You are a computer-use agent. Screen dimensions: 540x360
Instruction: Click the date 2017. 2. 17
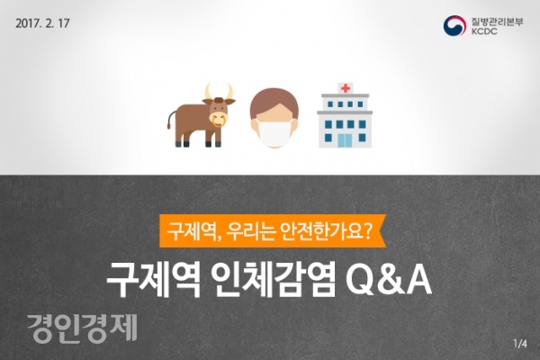click(42, 23)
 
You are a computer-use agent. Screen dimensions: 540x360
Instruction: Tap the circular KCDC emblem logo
click(454, 25)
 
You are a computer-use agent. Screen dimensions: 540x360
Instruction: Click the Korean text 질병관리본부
click(497, 22)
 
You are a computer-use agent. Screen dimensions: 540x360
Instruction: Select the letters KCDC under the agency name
click(484, 31)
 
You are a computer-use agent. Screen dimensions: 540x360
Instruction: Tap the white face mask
click(274, 131)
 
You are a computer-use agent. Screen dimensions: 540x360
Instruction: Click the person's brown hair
click(274, 103)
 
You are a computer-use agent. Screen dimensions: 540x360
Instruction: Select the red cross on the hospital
click(346, 88)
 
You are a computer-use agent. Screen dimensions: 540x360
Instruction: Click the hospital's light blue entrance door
click(345, 140)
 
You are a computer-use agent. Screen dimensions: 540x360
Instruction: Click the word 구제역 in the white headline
click(154, 280)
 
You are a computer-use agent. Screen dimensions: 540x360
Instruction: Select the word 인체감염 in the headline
click(273, 280)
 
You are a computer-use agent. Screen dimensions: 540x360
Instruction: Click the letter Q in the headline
click(360, 281)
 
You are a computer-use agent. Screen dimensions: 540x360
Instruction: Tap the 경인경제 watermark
click(82, 328)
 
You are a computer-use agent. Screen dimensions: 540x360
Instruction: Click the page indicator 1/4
click(520, 344)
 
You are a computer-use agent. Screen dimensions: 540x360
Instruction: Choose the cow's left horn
click(208, 92)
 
